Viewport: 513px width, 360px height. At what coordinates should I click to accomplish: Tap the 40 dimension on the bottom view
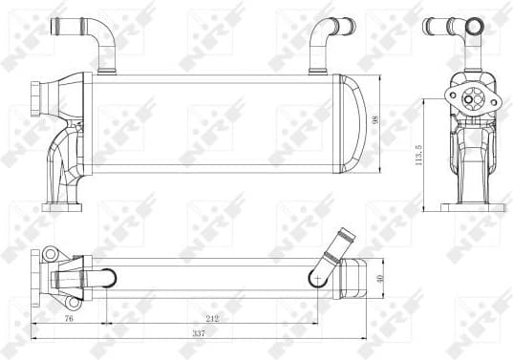tap(381, 278)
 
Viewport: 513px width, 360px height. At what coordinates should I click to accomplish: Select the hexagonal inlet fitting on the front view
tap(37, 97)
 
